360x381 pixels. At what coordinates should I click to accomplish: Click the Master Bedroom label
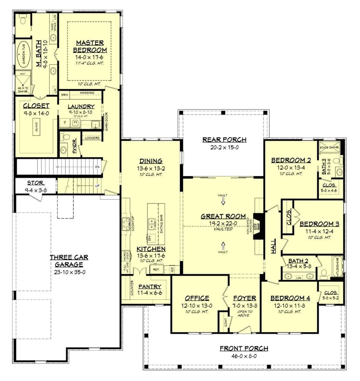90,46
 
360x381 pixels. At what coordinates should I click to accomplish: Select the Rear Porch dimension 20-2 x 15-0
224,147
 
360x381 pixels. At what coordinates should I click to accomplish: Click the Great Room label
223,216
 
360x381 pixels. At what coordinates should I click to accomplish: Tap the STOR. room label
36,183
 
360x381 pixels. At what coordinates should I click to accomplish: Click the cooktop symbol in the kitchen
125,223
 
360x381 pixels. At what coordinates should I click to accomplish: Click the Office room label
197,298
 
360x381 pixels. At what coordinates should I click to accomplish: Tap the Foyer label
244,298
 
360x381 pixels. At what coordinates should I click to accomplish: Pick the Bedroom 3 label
319,224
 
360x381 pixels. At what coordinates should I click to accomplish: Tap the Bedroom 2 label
291,160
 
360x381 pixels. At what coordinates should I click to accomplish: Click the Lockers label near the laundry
92,138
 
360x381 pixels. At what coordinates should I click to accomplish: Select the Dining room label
151,161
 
